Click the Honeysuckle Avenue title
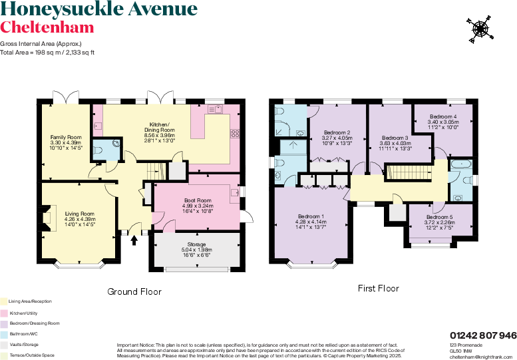point(98,9)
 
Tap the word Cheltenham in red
point(47,27)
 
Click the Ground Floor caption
point(135,291)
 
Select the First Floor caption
point(378,289)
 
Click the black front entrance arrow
point(134,240)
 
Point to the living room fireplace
point(47,218)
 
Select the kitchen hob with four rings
point(235,134)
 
